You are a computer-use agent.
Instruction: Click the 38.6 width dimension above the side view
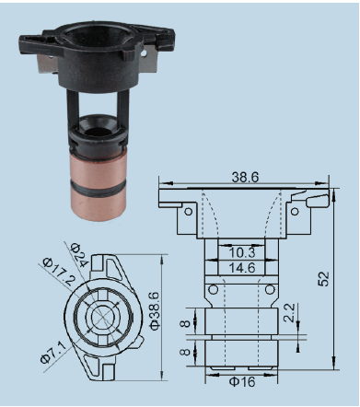tap(245, 177)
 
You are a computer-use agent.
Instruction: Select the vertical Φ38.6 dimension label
tap(156, 311)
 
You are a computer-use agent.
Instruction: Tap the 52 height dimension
tap(323, 279)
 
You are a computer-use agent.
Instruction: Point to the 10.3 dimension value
tap(242, 252)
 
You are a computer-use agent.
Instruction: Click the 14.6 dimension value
tap(242, 268)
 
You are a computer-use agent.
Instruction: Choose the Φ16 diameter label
tap(242, 382)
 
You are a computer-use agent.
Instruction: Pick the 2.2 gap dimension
tap(289, 313)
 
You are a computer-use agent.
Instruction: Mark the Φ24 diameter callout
tap(79, 255)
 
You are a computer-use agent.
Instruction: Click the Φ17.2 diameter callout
tap(59, 272)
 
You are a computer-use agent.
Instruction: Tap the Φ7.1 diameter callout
tap(53, 353)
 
